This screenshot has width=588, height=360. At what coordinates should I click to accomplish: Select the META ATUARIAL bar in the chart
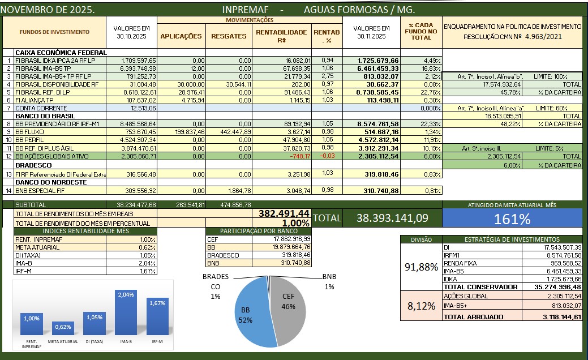[63, 329]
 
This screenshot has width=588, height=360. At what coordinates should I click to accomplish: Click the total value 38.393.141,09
[392, 217]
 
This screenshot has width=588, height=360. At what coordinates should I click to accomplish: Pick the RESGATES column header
[229, 36]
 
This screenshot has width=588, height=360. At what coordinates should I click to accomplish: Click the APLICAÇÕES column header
[181, 36]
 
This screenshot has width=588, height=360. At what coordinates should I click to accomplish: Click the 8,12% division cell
[421, 306]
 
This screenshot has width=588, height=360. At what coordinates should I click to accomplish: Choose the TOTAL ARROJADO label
[473, 317]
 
